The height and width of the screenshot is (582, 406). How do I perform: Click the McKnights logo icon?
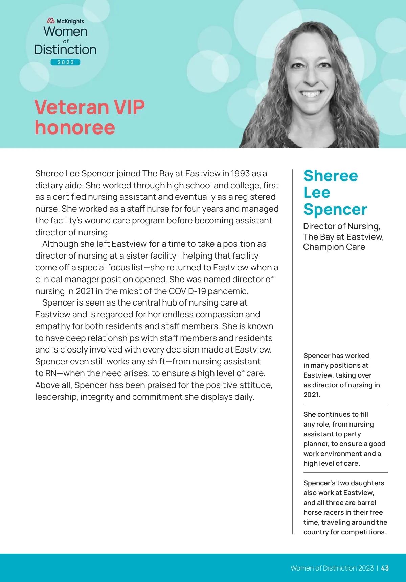51,21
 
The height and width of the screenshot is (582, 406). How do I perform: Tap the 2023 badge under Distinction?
65,62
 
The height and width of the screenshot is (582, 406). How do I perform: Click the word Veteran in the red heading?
71,107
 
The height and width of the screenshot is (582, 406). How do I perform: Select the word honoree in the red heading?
75,127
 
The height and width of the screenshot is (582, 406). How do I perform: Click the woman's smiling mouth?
311,93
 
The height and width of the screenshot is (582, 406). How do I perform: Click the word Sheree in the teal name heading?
331,176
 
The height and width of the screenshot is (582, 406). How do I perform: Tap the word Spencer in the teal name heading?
335,209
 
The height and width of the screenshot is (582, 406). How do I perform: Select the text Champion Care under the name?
334,247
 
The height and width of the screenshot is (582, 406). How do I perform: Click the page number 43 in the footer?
385,568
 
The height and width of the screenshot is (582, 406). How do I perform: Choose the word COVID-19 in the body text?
187,291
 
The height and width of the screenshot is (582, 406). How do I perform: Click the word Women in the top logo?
66,32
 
